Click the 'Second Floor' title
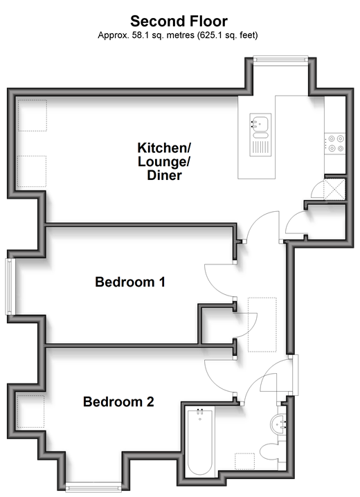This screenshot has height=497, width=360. point(179,21)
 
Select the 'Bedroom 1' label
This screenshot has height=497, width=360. point(130,282)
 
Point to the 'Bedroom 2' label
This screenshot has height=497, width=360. point(118,401)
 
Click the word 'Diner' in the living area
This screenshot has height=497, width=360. point(165,175)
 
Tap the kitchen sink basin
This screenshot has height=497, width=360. point(260,123)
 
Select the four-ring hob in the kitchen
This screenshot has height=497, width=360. point(335,143)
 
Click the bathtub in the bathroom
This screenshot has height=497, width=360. point(199,442)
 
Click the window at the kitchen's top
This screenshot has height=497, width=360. point(280,60)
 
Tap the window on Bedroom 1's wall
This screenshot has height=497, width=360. point(10,287)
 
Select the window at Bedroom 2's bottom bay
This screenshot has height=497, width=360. point(93,487)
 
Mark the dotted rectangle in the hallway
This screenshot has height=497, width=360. point(262,325)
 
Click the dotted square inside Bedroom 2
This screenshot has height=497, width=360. point(30,411)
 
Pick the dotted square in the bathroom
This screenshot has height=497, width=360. point(245,461)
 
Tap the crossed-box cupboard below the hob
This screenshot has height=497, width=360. point(334,189)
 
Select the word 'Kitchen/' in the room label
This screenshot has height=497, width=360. point(164,147)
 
